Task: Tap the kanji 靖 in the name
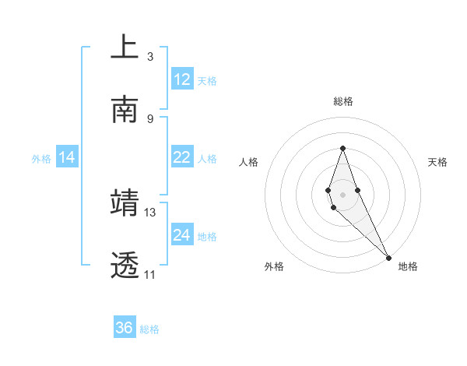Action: click(x=125, y=202)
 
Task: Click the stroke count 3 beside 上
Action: click(x=150, y=56)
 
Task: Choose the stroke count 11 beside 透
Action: click(x=149, y=275)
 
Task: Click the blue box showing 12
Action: click(x=182, y=79)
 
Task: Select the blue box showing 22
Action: click(x=182, y=158)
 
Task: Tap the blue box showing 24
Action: click(x=182, y=235)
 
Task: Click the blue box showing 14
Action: click(x=67, y=158)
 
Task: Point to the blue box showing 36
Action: click(x=125, y=328)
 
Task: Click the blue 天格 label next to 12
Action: click(x=206, y=81)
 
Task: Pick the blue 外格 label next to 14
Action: click(x=41, y=159)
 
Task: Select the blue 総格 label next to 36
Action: click(x=149, y=329)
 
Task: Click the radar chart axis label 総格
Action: click(x=342, y=101)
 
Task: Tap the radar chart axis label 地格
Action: click(x=408, y=266)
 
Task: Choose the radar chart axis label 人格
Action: click(x=249, y=162)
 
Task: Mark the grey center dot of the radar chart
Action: click(x=342, y=195)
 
